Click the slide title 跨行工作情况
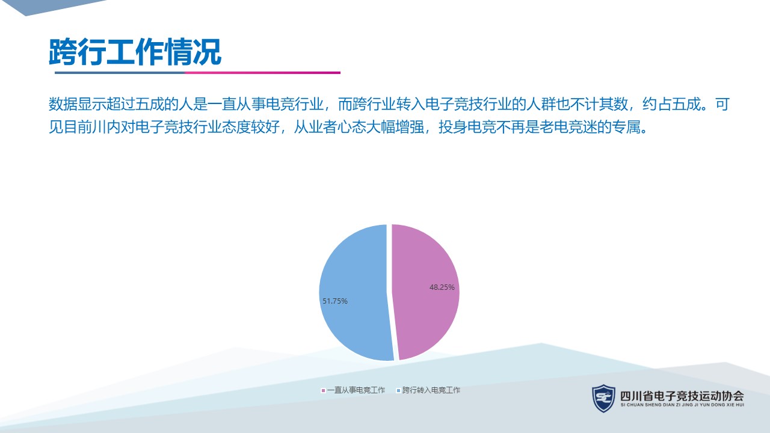[x=135, y=52]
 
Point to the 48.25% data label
[x=442, y=287]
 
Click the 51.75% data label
[x=335, y=301]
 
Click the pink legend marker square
[x=323, y=390]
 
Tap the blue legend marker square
[x=398, y=390]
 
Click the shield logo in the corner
[x=603, y=398]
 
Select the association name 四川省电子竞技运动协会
[x=682, y=396]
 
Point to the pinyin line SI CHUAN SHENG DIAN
[x=682, y=405]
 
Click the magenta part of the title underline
[x=263, y=73]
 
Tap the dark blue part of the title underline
[x=120, y=73]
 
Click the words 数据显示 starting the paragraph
[x=78, y=104]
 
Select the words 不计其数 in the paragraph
[x=599, y=104]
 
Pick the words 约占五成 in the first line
[x=671, y=104]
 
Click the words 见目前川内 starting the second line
[x=85, y=127]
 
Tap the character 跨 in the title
[x=63, y=52]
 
